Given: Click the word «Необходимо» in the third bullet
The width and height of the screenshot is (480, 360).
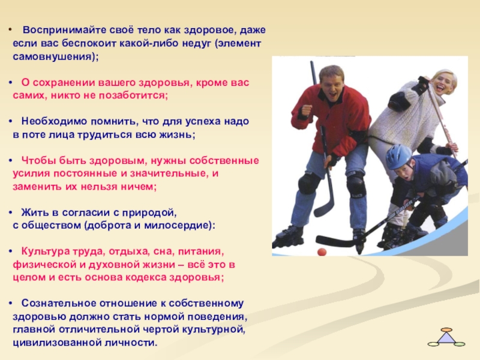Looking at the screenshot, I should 47,121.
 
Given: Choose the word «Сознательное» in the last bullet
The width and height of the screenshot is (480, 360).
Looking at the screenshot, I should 53,304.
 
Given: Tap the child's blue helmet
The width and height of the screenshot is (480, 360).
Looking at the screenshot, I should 398,156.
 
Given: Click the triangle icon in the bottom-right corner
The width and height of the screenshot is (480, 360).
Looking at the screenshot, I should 446,337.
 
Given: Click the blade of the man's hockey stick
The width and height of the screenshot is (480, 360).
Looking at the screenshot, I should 324,209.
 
